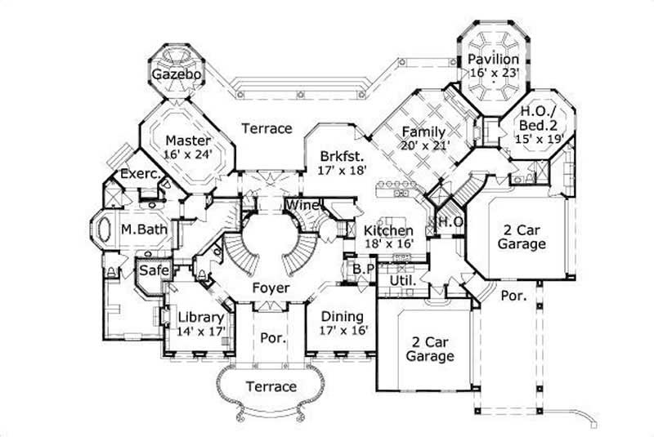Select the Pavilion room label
(494, 60)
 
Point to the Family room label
(423, 132)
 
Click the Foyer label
(268, 288)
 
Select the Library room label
(196, 317)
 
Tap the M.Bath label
(145, 230)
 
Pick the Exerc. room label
(139, 174)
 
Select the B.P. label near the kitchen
(362, 269)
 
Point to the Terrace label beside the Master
(267, 129)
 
